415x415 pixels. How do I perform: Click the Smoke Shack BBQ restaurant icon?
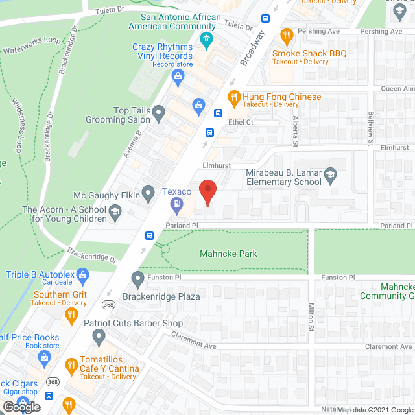pos(285,35)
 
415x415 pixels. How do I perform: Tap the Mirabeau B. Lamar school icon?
pos(331,175)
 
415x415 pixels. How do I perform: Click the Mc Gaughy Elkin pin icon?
pos(148,192)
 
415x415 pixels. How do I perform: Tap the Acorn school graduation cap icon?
pos(115,210)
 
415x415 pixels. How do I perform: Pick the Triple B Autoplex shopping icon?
pos(83,275)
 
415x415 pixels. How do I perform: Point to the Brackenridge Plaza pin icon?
pos(137,280)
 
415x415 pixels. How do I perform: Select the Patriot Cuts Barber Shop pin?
pos(99,336)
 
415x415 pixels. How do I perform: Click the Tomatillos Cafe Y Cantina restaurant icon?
pos(72,364)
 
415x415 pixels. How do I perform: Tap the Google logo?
pos(21,407)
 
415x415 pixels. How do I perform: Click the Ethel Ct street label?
pos(240,122)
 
